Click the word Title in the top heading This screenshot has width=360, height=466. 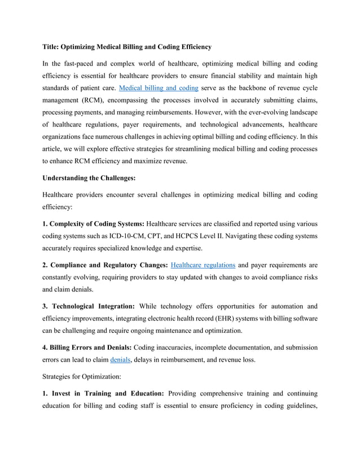tap(53, 46)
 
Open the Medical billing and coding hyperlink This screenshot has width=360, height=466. tap(155, 89)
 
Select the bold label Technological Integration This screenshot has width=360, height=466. tap(93, 306)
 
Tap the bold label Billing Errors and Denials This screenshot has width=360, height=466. tap(91, 348)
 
